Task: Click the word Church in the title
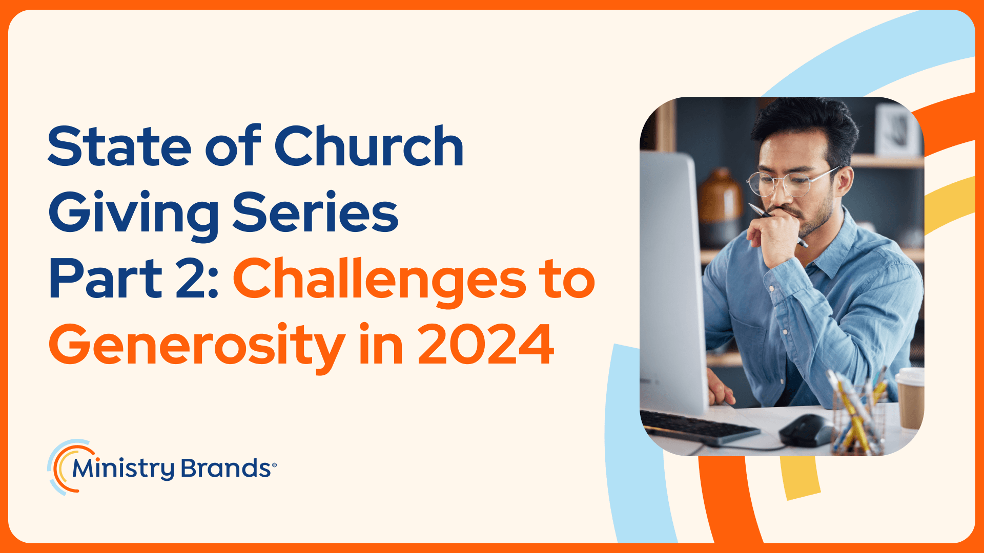coord(369,146)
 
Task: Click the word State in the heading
coord(120,146)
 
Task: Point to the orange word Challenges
coord(380,281)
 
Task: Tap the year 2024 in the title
coord(486,344)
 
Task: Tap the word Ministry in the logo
coord(124,469)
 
